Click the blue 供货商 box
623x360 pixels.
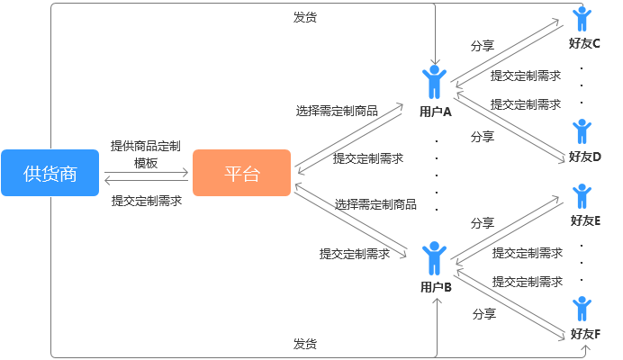(x=50, y=173)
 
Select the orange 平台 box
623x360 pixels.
(x=241, y=173)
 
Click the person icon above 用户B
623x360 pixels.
(x=435, y=258)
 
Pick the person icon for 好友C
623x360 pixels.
(x=582, y=21)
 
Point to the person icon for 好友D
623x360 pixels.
(x=582, y=131)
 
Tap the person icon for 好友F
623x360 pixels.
(x=582, y=309)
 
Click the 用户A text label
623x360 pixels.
(x=435, y=112)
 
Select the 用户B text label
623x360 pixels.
(x=436, y=288)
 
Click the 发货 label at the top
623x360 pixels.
(x=304, y=17)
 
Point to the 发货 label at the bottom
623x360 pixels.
(x=304, y=344)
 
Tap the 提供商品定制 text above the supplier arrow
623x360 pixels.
(x=146, y=146)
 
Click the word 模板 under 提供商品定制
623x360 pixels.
(x=146, y=163)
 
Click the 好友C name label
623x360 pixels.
(x=585, y=43)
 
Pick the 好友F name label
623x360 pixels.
(x=585, y=334)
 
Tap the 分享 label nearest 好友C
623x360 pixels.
(x=483, y=45)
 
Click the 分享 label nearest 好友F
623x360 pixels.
(x=484, y=314)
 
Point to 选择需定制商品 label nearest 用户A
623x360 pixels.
(x=337, y=112)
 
